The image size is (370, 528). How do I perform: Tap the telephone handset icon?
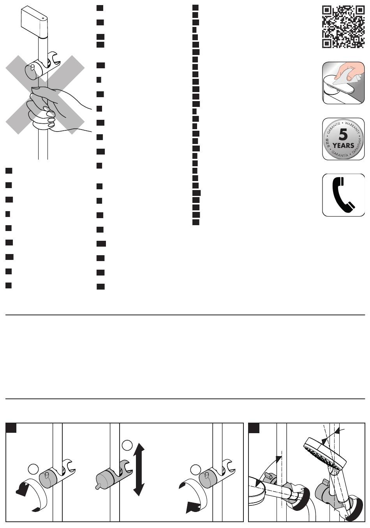point(343,194)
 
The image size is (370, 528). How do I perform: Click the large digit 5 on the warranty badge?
point(343,135)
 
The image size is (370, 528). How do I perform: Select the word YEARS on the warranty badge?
point(343,146)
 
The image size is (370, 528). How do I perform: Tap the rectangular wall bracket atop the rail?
point(34,23)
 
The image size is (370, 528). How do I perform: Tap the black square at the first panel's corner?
point(11,428)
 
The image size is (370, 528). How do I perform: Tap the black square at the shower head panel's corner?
point(254,428)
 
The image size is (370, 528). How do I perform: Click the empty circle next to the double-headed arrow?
point(127,445)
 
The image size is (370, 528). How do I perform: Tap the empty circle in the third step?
point(196,470)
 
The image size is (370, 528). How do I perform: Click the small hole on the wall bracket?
point(43,12)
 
